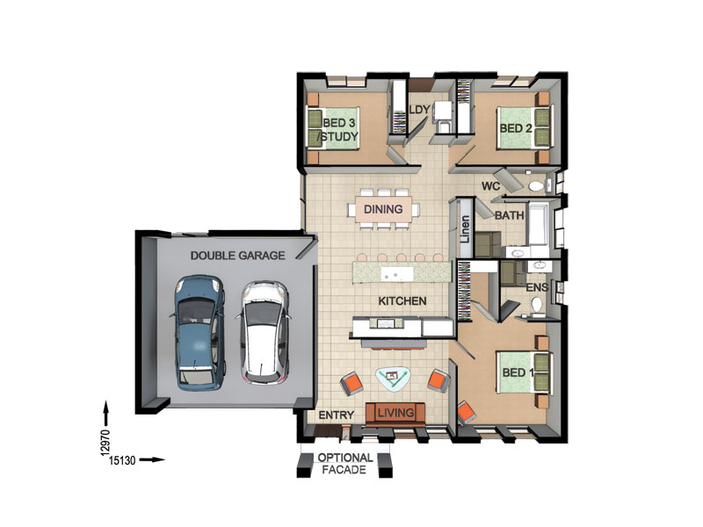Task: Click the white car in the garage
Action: pos(264,333)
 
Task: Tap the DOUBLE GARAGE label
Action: pos(237,256)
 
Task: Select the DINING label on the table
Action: pos(383,209)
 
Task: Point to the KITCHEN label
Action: pos(402,301)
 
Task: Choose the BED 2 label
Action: pos(516,128)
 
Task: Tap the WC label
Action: pos(490,186)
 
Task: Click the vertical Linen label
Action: pos(466,229)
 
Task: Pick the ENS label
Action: pos(537,287)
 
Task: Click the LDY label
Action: pos(420,109)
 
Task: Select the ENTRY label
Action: pos(337,415)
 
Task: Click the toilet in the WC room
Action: pos(537,185)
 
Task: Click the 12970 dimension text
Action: pos(105,443)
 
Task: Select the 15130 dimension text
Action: pos(122,460)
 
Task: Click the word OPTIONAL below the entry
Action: pos(345,458)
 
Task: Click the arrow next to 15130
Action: pos(152,459)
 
